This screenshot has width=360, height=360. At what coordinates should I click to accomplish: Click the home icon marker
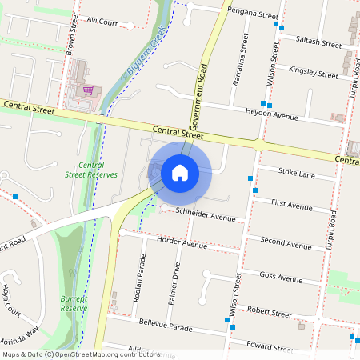[x=180, y=172]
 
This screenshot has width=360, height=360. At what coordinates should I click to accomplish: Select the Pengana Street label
[x=252, y=14]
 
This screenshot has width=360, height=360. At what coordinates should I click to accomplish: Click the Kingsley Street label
[x=314, y=73]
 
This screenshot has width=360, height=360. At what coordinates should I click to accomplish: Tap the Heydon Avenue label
[x=272, y=114]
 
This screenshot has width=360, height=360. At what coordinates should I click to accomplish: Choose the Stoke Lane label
[x=296, y=174]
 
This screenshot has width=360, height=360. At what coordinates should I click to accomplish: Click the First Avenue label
[x=292, y=206]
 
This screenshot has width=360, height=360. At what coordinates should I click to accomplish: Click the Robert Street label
[x=270, y=311]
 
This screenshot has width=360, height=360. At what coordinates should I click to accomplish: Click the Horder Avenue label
[x=182, y=243]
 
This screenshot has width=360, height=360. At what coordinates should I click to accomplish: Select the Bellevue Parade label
[x=166, y=328]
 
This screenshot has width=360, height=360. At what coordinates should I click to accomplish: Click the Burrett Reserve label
[x=74, y=303]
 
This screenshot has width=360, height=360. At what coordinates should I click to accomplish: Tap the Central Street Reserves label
[x=91, y=169]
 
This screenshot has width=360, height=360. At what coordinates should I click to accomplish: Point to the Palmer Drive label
[x=175, y=276]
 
